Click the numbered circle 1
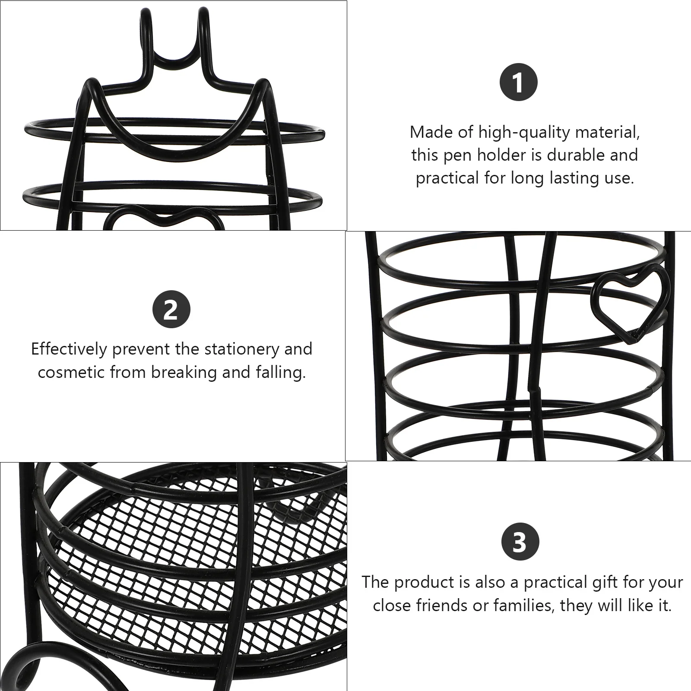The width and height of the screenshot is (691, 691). click(x=518, y=82)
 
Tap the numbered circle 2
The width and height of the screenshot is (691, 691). click(x=171, y=310)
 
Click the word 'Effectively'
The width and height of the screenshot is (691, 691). click(x=69, y=349)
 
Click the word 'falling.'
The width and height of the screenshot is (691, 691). click(x=280, y=372)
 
